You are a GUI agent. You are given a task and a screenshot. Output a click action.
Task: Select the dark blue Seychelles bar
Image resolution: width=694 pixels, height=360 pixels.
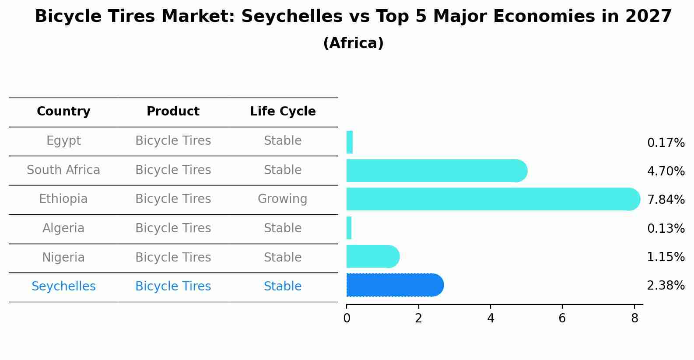click(394, 285)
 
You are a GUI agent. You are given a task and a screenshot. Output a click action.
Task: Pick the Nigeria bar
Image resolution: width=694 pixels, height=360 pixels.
click(372, 256)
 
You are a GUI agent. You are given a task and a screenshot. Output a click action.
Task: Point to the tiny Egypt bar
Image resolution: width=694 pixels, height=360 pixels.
click(350, 142)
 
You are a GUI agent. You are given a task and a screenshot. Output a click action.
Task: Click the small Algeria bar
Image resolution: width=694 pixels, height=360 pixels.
click(349, 228)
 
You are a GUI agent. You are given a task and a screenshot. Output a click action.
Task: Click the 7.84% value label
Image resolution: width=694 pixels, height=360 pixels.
click(666, 200)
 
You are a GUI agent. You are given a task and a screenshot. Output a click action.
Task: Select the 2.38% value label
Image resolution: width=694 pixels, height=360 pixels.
click(666, 286)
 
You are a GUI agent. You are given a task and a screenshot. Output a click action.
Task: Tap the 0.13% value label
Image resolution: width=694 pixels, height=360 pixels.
click(666, 228)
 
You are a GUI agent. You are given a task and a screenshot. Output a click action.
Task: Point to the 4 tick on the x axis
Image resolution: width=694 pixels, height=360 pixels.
click(491, 318)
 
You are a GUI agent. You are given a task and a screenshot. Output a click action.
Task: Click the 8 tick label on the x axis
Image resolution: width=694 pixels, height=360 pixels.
click(634, 318)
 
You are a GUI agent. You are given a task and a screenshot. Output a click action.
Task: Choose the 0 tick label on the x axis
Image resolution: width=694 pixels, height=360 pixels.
click(347, 318)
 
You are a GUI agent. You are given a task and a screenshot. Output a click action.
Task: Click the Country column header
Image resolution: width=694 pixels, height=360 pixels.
click(63, 112)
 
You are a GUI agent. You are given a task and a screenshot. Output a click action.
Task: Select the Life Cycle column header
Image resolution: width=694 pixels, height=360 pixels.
click(283, 112)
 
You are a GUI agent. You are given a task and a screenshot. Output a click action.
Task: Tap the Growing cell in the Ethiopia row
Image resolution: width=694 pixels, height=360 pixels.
click(282, 199)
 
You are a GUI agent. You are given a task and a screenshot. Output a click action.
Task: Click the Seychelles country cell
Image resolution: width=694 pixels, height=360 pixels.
click(63, 287)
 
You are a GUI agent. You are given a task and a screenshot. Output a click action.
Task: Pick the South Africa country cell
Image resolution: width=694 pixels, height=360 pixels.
click(63, 170)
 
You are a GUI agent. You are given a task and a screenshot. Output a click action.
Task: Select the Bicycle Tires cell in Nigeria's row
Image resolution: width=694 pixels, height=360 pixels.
click(173, 258)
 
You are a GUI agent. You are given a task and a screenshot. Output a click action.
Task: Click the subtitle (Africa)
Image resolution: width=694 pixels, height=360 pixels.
click(353, 43)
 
